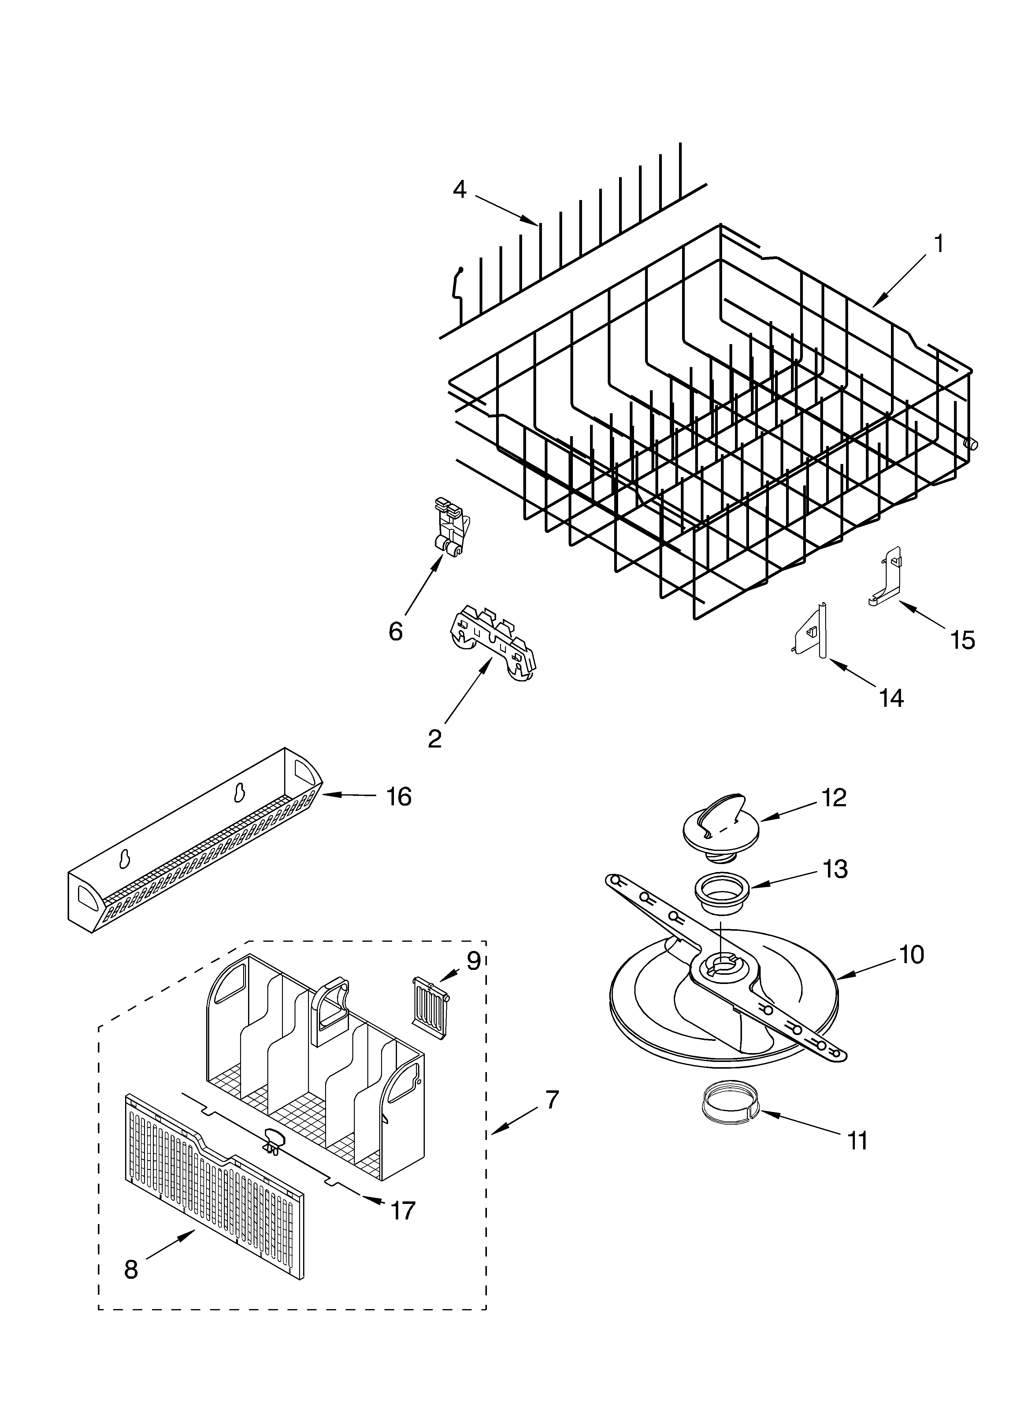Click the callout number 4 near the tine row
459,190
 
